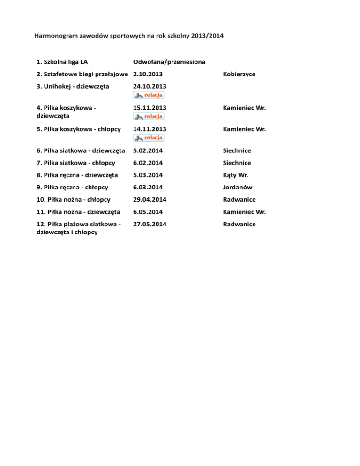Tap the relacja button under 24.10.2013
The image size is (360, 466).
(x=149, y=95)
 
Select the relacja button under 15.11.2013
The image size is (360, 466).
(x=149, y=116)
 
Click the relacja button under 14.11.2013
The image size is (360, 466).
(x=149, y=137)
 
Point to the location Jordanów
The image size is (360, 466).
(x=239, y=187)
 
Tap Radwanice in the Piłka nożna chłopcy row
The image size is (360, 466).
(x=240, y=199)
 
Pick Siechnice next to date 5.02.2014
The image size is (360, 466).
(x=238, y=150)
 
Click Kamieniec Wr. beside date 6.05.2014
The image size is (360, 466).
(x=245, y=212)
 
